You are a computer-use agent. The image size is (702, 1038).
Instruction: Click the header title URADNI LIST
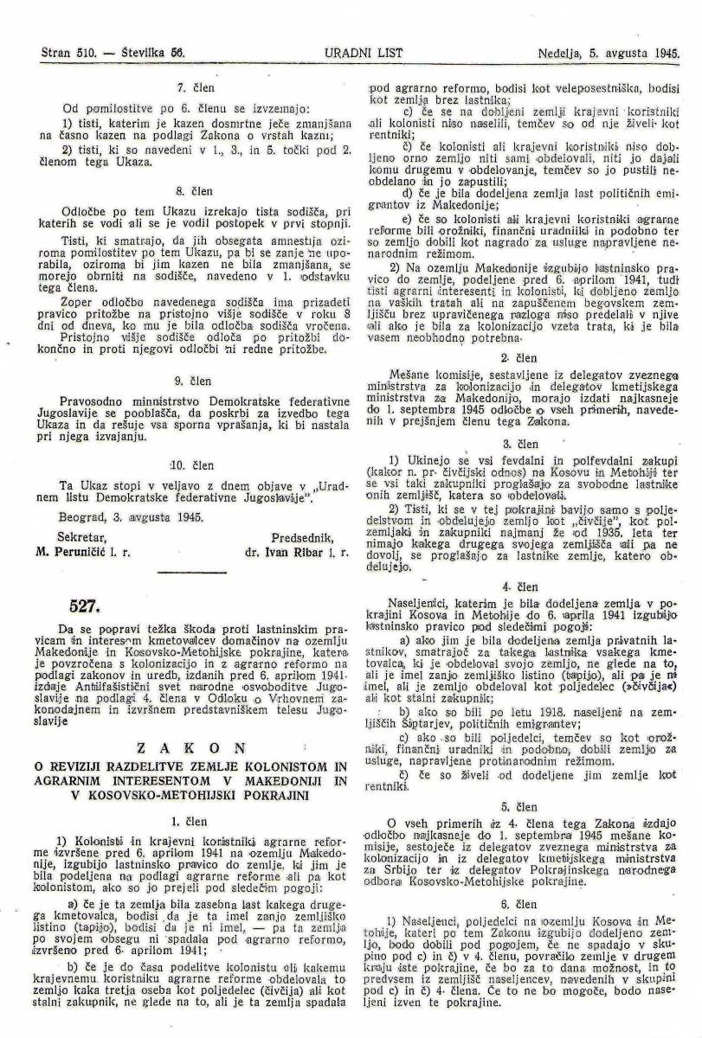point(351,52)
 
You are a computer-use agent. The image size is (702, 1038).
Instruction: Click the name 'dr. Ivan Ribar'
point(280,550)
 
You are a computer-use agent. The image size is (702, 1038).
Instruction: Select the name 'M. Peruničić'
point(76,550)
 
